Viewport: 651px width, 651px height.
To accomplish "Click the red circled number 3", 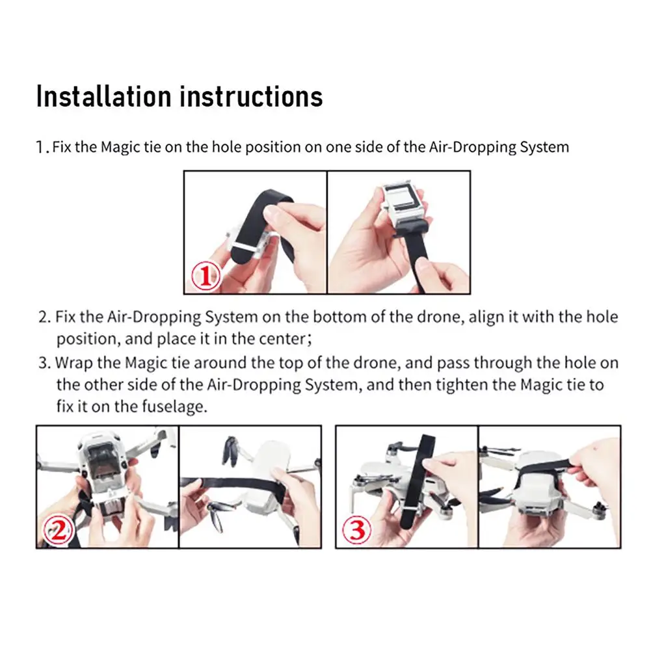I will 358,532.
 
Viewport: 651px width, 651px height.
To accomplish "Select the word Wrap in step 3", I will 72,363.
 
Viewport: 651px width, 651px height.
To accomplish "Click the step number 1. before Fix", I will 42,148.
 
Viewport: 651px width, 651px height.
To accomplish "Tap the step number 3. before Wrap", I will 44,363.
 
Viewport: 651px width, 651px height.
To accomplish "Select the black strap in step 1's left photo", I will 263,215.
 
